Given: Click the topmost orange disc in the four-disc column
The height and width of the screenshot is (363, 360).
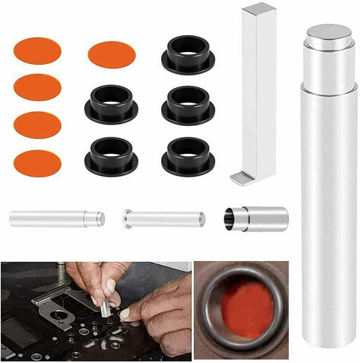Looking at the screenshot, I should coord(37,51).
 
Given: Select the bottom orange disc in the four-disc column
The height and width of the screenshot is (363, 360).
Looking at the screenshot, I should coord(37,163).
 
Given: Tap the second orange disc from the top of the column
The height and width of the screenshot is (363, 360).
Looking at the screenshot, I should coord(37,87).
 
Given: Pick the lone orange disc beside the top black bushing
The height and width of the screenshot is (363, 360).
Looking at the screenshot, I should coord(111,54).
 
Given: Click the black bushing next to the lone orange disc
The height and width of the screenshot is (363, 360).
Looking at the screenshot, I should coord(188,55).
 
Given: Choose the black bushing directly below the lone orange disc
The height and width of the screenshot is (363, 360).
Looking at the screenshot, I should coord(111,105).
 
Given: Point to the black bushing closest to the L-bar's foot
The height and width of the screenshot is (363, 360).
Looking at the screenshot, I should coord(188,156).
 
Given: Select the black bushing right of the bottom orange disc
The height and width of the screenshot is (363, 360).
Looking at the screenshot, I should coord(111,156).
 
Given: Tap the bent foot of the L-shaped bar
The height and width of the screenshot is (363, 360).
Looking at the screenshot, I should coord(242,179).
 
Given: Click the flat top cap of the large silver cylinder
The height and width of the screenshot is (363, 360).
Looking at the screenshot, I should coord(329,34).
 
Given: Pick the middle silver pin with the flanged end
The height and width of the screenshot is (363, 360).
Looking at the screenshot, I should coord(164,219).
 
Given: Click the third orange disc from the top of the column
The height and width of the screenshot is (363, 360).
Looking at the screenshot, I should coord(37,125).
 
